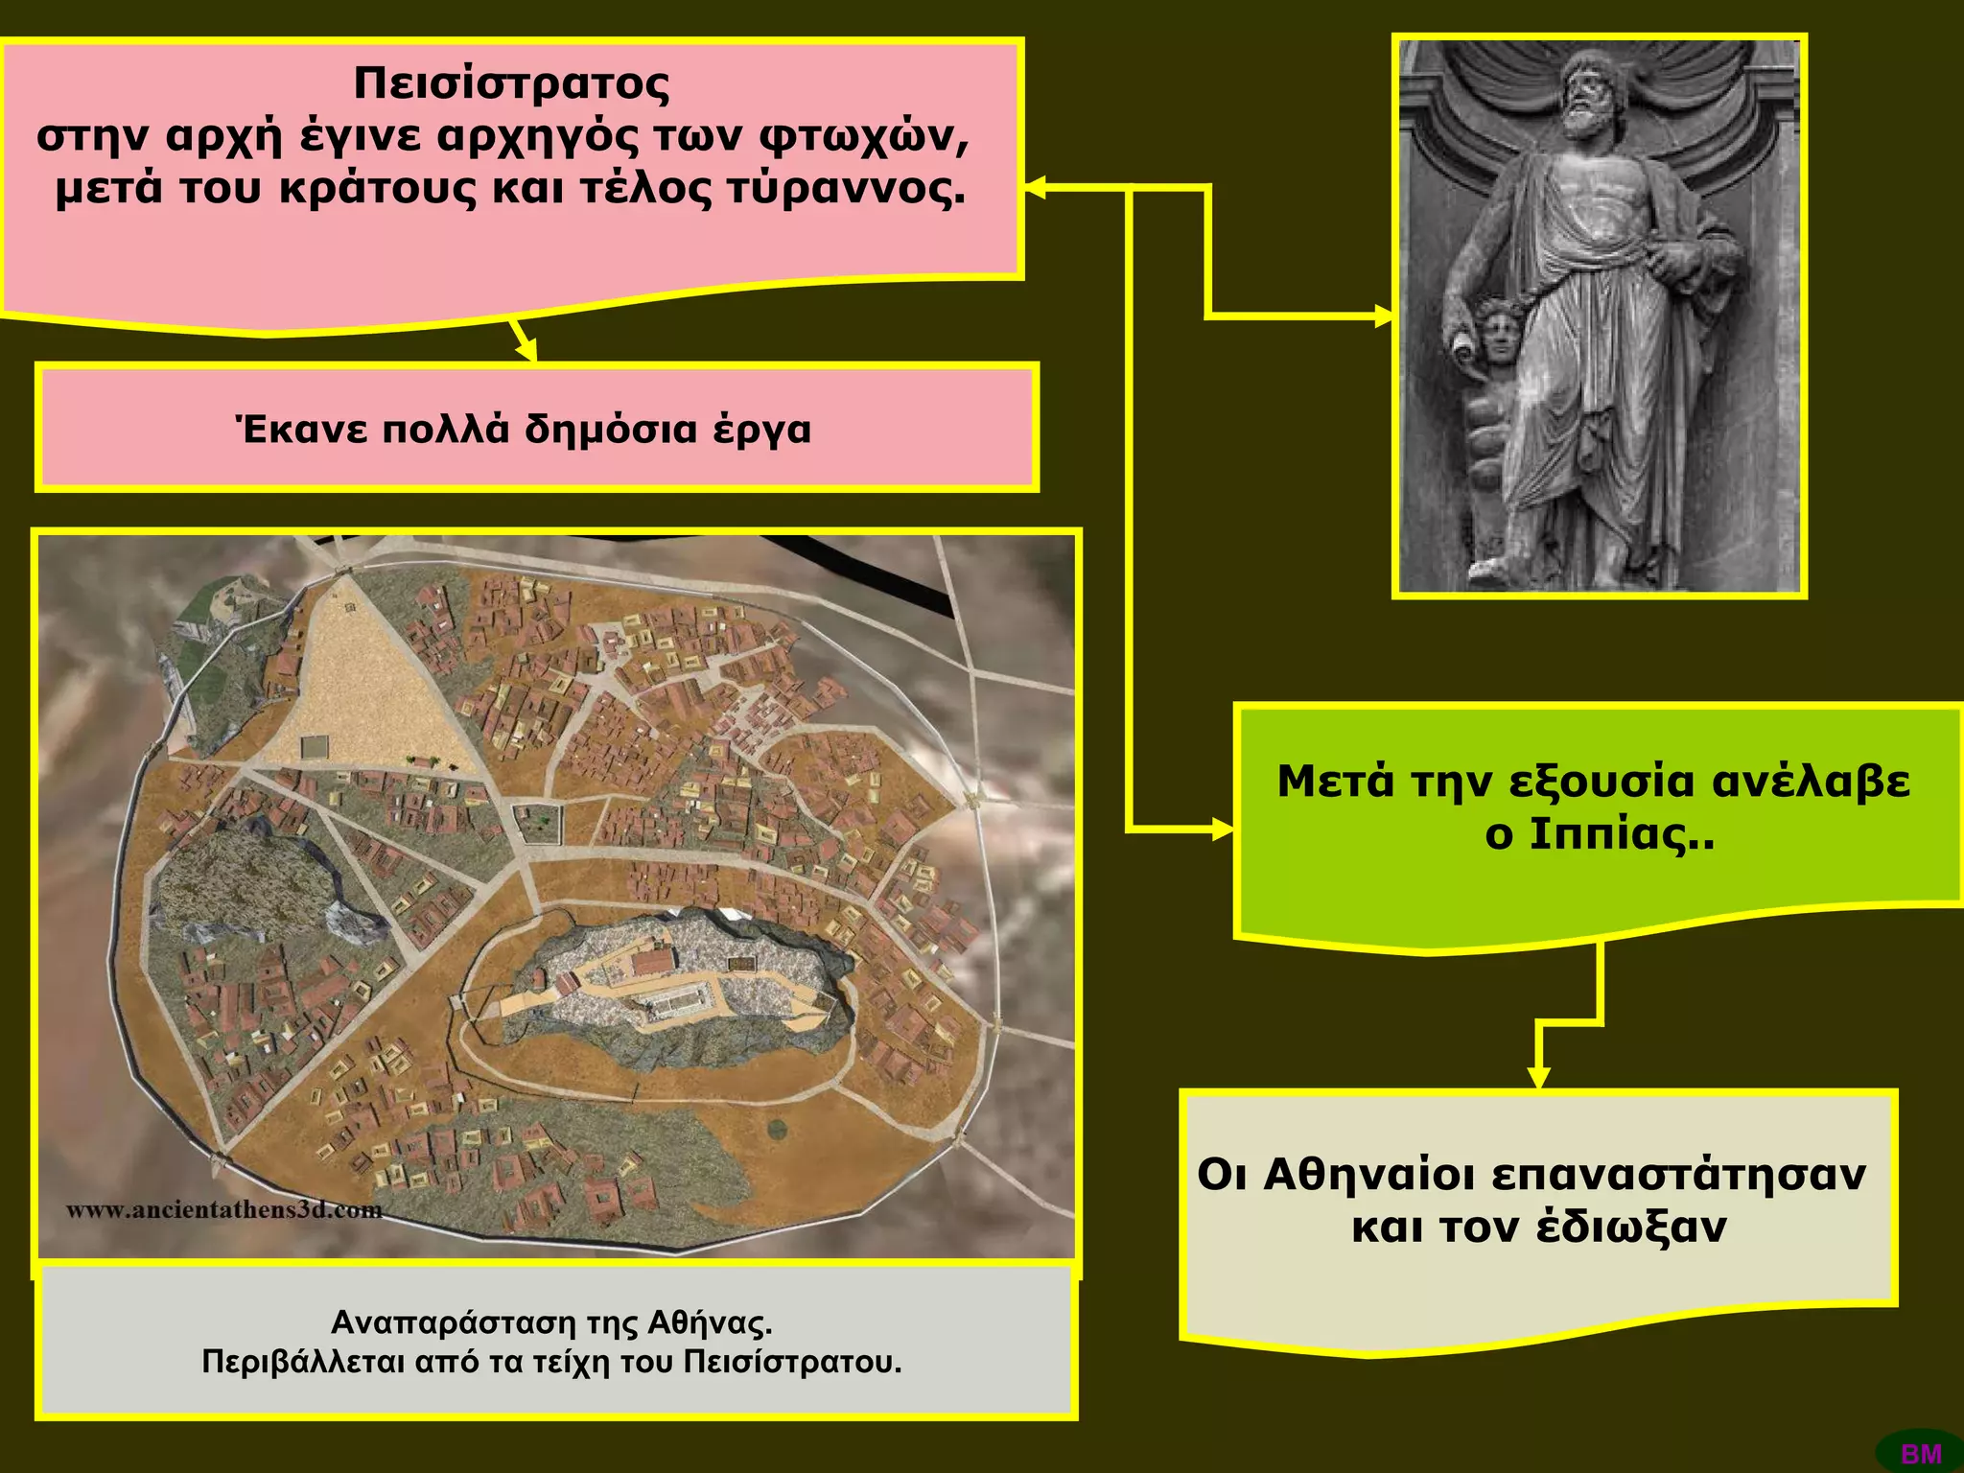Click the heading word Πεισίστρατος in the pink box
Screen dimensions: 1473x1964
(511, 84)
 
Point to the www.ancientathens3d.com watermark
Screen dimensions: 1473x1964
(224, 1210)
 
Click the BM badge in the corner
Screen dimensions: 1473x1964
(1921, 1454)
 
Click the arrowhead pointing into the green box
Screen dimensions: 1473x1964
(1225, 829)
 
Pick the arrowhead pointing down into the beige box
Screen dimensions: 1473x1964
(1538, 1079)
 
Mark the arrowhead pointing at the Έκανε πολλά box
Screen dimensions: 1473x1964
(526, 351)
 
